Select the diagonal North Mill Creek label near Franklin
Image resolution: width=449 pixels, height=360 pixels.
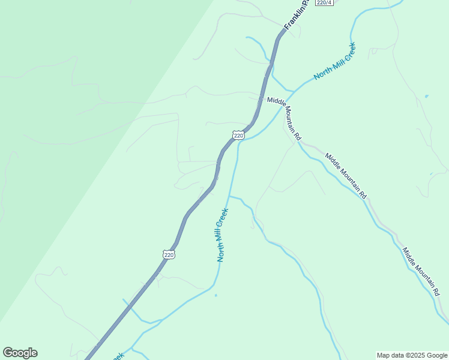pos(334,61)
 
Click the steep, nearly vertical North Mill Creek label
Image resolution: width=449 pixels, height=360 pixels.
pos(223,235)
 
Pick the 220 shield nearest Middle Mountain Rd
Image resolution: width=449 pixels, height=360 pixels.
pos(239,136)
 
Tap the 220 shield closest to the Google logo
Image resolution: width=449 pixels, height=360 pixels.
pos(169,254)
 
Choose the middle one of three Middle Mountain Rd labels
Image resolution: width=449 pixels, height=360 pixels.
pos(346,176)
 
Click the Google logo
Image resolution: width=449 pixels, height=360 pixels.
pos(20,353)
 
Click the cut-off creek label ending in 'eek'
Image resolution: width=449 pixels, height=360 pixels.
pos(118,356)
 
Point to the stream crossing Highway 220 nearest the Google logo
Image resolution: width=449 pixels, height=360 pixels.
pos(130,306)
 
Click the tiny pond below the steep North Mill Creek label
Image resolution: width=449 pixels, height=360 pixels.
pos(215,295)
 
